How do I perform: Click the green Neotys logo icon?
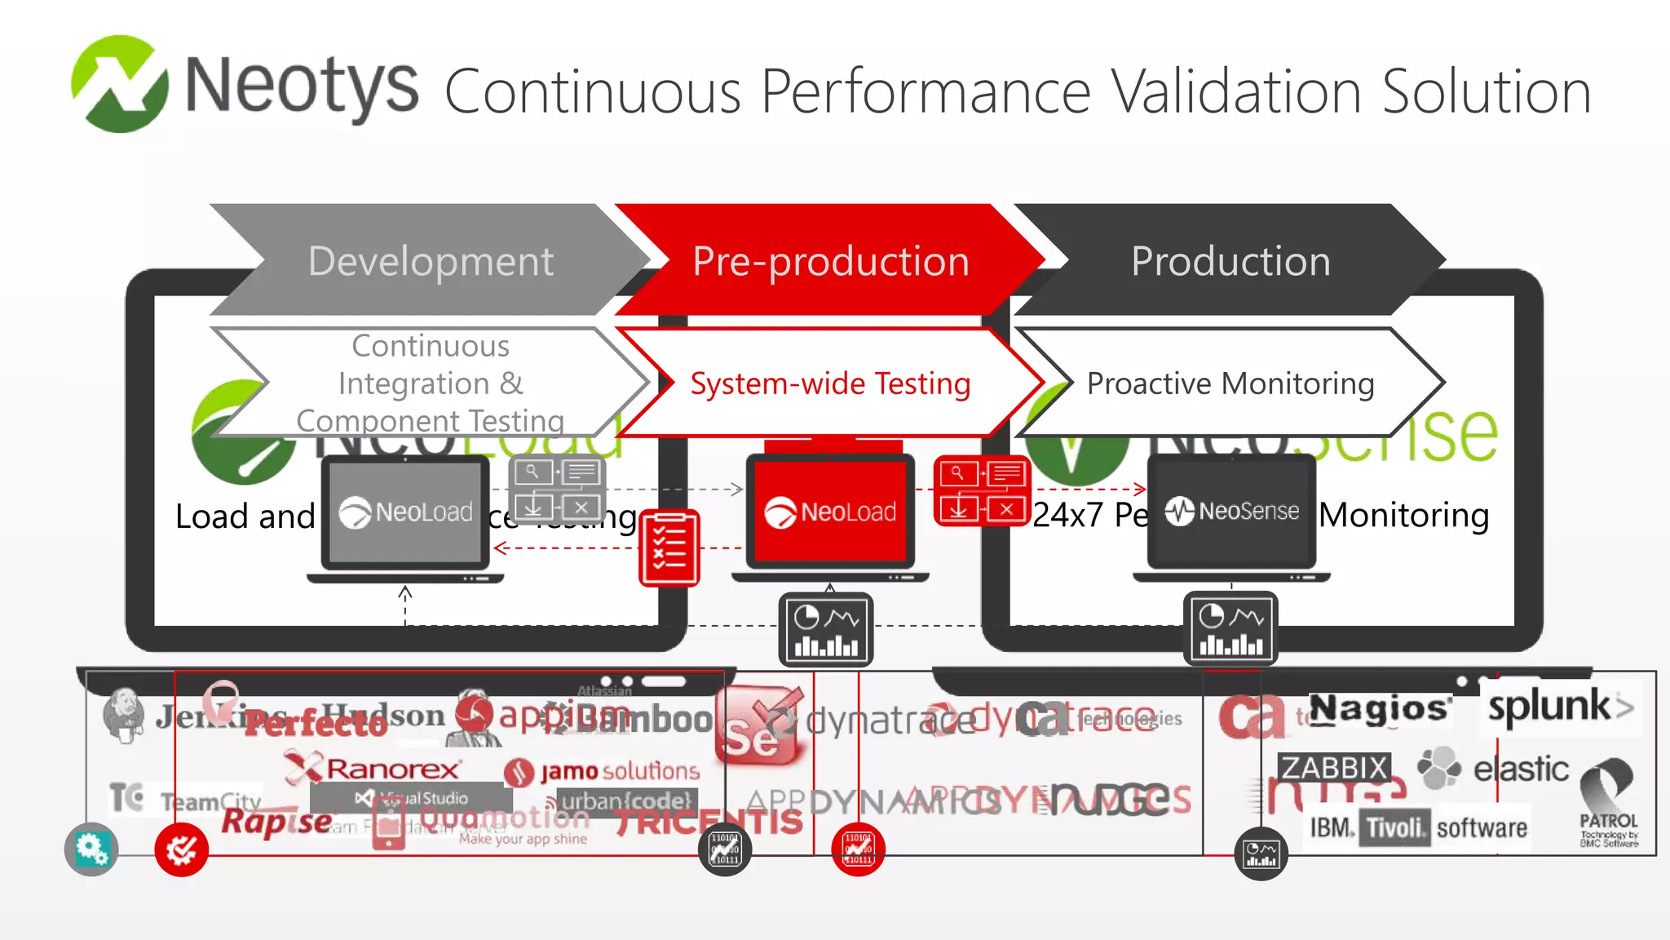pos(119,84)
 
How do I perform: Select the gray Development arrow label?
pos(431,261)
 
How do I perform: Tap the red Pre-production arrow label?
pos(830,261)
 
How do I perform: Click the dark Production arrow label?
pos(1230,261)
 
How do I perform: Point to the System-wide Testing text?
pos(830,384)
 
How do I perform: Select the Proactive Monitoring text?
pos(1230,384)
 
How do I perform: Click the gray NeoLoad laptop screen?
pos(405,512)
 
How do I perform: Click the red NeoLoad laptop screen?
pos(830,512)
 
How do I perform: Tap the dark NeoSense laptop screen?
pos(1231,511)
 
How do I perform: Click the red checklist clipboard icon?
pos(669,548)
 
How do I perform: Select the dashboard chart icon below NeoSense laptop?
pos(1230,629)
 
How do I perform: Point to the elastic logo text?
pos(1520,769)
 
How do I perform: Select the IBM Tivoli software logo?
pos(1417,828)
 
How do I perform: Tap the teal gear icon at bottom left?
pos(91,849)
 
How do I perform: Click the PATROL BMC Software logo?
pos(1608,804)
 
